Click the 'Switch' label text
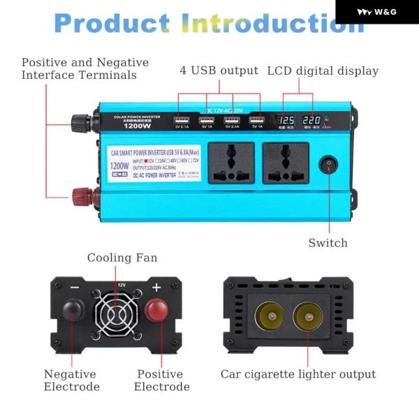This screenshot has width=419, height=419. (328, 243)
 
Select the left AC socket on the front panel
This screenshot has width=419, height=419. (231, 163)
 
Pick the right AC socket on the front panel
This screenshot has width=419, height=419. (285, 163)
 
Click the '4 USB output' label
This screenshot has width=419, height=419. (219, 71)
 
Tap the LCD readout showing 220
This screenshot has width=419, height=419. (311, 120)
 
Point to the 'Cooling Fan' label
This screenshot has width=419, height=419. (122, 258)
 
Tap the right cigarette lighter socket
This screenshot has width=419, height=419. (307, 316)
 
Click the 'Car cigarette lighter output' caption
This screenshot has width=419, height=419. (298, 374)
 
